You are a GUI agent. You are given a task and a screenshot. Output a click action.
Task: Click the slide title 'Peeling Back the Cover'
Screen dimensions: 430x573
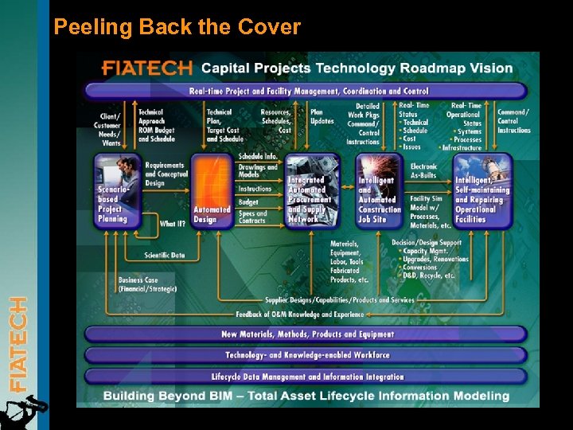click(x=177, y=27)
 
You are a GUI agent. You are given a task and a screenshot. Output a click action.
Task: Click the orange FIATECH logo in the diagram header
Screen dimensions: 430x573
click(x=147, y=68)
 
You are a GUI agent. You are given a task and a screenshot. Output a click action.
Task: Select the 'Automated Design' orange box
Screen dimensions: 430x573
click(x=210, y=191)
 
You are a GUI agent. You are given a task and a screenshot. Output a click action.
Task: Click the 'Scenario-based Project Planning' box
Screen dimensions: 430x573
click(x=116, y=191)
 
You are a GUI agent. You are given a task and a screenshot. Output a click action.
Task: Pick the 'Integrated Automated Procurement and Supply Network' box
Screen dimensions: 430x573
click(x=310, y=191)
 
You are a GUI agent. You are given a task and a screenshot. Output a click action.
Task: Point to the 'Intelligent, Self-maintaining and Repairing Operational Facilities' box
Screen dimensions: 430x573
click(x=481, y=191)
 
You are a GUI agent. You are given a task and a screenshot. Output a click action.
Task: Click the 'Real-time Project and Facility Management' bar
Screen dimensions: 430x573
click(x=306, y=91)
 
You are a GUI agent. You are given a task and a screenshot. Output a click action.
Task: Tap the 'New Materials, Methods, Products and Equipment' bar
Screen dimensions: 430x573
click(x=306, y=334)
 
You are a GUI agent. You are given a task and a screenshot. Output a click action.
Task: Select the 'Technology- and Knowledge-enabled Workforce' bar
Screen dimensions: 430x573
click(x=306, y=355)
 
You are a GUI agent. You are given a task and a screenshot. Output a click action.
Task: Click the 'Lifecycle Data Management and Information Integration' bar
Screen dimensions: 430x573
click(x=306, y=376)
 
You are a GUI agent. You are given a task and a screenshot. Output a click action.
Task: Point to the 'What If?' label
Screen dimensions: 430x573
click(x=173, y=224)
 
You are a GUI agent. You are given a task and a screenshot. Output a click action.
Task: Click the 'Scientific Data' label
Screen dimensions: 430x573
click(x=165, y=256)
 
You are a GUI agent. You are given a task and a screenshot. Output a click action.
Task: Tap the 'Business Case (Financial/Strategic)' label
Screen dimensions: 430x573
click(x=148, y=284)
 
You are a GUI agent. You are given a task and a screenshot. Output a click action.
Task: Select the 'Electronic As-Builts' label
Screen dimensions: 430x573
click(x=424, y=171)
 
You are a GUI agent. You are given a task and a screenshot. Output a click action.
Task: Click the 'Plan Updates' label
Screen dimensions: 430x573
click(x=322, y=116)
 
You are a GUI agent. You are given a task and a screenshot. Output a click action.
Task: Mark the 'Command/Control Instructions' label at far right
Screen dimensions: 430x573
click(x=513, y=121)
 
